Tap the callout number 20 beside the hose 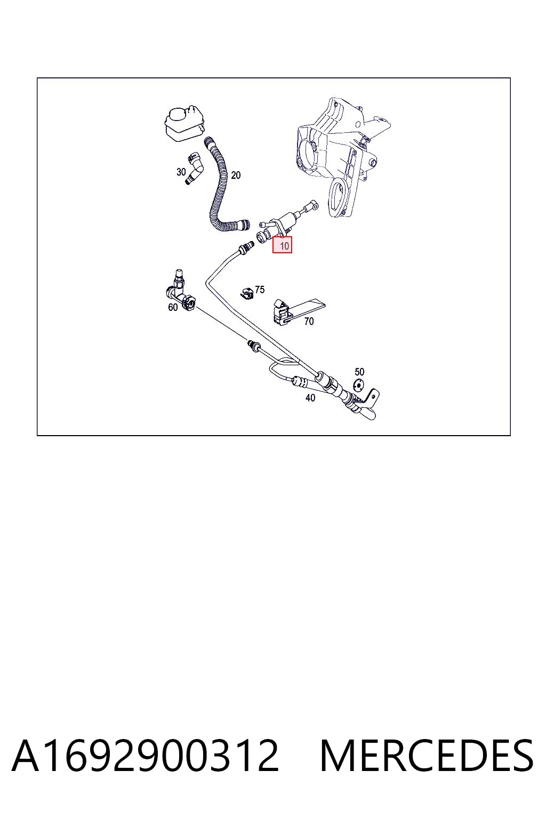coord(236,175)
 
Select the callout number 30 coord(181,172)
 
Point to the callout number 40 coord(310,397)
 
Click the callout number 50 coord(359,372)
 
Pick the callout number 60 coord(173,308)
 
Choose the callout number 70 coord(309,322)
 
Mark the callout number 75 coord(259,290)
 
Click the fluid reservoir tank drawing coord(184,123)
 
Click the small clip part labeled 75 coord(247,293)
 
